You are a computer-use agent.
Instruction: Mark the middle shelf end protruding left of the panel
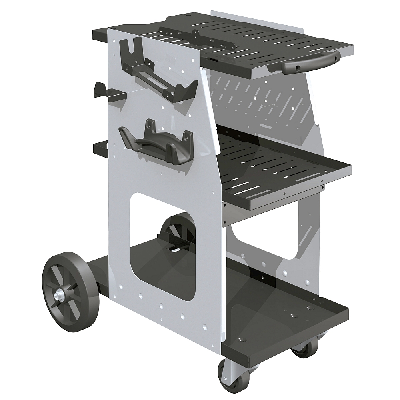tap(100, 149)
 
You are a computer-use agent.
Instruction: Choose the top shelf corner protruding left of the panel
tap(100, 34)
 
